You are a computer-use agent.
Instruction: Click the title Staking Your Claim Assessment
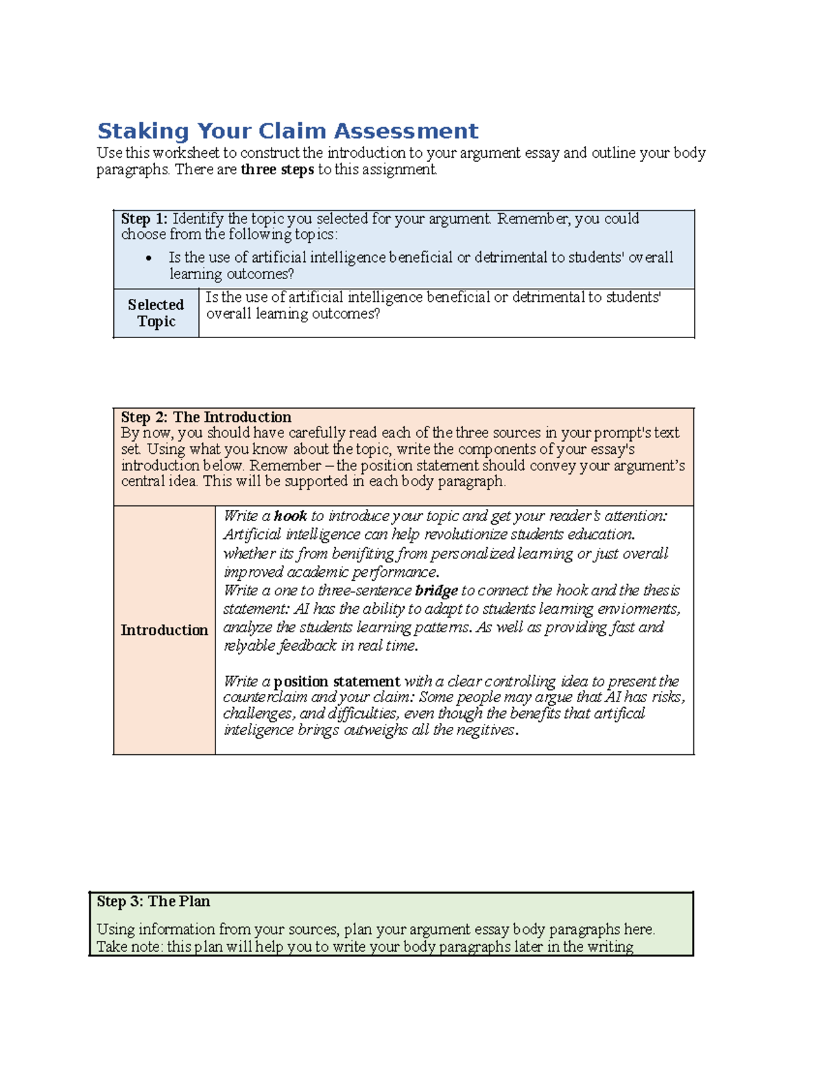point(287,131)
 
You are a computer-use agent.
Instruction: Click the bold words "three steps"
point(277,169)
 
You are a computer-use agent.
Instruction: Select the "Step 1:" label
point(144,219)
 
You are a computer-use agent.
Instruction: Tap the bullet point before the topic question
point(149,259)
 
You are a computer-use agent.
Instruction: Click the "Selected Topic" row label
point(156,313)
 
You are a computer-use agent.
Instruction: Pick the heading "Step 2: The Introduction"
point(206,417)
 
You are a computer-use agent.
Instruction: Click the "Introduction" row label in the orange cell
point(164,630)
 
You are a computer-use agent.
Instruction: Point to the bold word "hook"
point(290,516)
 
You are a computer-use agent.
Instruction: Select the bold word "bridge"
point(436,590)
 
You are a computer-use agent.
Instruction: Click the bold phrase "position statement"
point(337,682)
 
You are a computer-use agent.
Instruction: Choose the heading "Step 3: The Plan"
point(153,901)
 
